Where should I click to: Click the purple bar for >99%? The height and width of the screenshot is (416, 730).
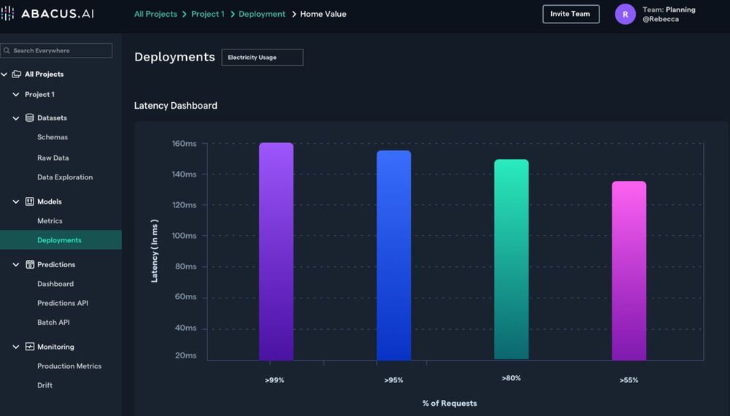tap(276, 251)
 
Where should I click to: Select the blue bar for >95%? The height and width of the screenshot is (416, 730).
tap(393, 255)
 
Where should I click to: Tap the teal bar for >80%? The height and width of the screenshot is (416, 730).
tap(511, 259)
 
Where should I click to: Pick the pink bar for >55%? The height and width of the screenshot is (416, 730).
tap(629, 270)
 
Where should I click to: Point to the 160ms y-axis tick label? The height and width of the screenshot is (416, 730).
tap(184, 144)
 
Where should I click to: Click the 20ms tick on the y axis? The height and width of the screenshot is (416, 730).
tap(185, 355)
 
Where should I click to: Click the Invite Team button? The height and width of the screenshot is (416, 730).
tap(571, 14)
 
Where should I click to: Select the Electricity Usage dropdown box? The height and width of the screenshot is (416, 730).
tap(262, 57)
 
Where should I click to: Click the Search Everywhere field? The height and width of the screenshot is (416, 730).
tap(56, 50)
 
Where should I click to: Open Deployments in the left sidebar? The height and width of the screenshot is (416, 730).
tap(59, 240)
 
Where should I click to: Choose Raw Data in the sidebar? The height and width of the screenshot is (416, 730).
tap(53, 158)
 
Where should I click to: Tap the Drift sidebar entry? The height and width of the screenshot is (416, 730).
tap(45, 385)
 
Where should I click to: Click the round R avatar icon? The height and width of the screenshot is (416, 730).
tap(625, 14)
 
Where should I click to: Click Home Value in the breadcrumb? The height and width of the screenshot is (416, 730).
tap(323, 14)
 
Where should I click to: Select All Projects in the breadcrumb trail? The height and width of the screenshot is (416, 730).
tap(155, 14)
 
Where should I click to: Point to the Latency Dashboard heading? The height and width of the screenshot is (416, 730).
tap(175, 106)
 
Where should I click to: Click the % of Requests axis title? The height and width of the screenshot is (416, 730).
tap(449, 403)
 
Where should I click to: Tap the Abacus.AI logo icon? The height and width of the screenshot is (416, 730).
tap(8, 14)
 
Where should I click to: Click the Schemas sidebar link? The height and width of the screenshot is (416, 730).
tap(53, 137)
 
